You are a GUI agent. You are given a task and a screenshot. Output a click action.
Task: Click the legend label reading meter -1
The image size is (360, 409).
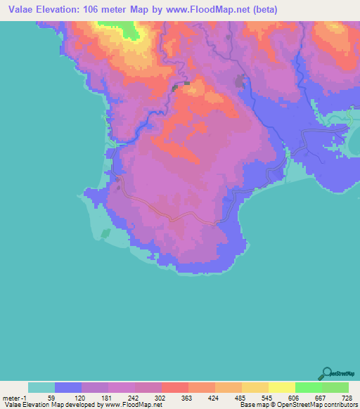tap(13, 396)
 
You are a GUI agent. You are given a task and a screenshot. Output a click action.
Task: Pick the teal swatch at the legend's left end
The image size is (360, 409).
tap(41, 387)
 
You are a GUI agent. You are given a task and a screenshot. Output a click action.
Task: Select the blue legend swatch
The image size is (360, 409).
tap(67, 387)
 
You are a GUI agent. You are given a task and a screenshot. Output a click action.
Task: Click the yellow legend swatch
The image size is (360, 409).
tap(281, 387)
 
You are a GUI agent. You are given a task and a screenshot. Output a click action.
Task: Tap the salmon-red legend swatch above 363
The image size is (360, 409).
tap(174, 387)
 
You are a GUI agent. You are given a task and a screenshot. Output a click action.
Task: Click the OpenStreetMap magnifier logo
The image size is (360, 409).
tap(326, 372)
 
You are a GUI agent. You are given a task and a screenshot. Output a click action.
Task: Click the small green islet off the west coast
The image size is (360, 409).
tap(105, 233)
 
